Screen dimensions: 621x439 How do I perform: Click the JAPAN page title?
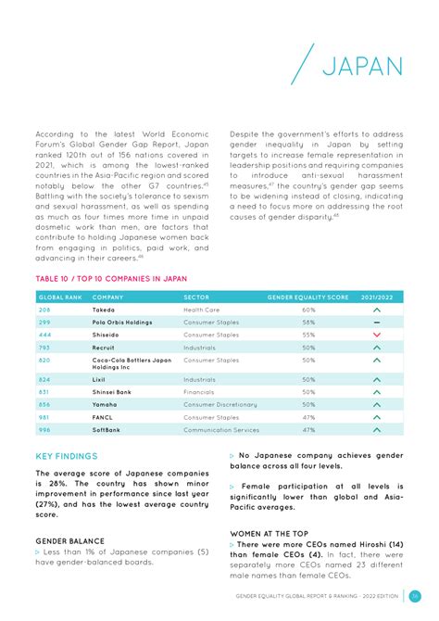pyautogui.click(x=362, y=66)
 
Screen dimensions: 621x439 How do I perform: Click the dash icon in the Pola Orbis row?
pyautogui.click(x=376, y=322)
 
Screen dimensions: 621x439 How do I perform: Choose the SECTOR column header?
pyautogui.click(x=196, y=297)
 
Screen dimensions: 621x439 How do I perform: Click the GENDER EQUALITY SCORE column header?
pyautogui.click(x=307, y=297)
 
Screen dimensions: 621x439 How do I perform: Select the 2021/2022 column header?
pyautogui.click(x=376, y=297)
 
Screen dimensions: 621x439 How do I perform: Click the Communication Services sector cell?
pyautogui.click(x=221, y=429)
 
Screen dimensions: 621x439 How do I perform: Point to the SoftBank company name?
pyautogui.click(x=107, y=429)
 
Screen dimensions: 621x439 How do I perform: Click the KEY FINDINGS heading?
pyautogui.click(x=66, y=456)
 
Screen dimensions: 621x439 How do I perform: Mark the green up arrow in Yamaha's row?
pyautogui.click(x=376, y=405)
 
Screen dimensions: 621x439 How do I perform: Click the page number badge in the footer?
pyautogui.click(x=416, y=596)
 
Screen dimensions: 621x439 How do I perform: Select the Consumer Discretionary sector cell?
pyautogui.click(x=220, y=404)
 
